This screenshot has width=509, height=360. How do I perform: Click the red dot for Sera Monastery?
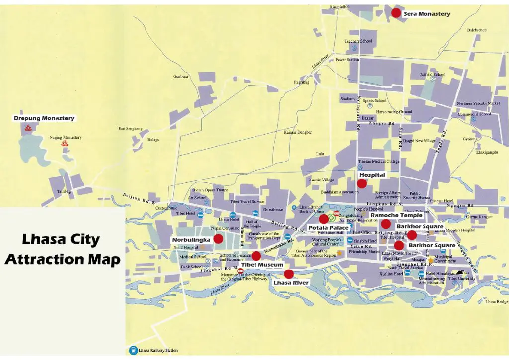(x=396, y=13)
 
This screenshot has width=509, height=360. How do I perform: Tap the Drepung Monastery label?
(x=44, y=118)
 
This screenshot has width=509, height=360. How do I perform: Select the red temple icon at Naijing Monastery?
(x=64, y=144)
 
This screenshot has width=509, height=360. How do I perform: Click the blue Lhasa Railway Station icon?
(x=133, y=350)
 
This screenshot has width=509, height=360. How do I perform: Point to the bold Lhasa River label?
(x=291, y=282)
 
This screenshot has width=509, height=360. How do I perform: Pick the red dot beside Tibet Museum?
(x=256, y=256)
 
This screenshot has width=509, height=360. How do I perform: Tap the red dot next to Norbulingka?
(x=218, y=239)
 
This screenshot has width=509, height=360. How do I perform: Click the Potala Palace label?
(x=328, y=227)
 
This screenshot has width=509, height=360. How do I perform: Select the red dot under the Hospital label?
(x=362, y=183)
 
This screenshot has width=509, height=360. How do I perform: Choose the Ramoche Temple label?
(x=397, y=215)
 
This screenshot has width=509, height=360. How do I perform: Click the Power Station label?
(x=347, y=60)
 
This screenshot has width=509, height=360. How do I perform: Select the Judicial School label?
(x=432, y=75)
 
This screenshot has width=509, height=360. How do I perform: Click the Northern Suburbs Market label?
(x=479, y=103)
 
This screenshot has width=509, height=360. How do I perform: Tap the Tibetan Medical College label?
(x=379, y=161)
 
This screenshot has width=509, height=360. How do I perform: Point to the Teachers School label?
(x=358, y=41)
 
